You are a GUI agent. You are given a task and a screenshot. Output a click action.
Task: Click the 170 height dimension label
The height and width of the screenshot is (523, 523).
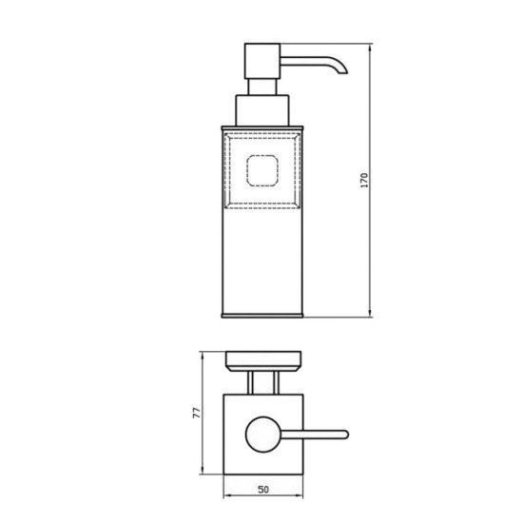(x=364, y=180)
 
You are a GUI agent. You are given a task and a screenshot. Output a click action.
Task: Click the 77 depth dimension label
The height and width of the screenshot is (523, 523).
(x=197, y=413)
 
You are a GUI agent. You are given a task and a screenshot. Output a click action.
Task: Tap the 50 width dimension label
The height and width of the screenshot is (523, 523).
(x=263, y=490)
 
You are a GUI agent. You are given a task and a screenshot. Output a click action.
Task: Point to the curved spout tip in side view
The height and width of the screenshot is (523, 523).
(x=343, y=70)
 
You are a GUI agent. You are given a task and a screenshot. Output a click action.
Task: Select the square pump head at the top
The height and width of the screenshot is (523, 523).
(x=262, y=61)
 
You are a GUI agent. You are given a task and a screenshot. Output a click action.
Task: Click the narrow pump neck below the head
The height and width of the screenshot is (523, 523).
(x=262, y=87)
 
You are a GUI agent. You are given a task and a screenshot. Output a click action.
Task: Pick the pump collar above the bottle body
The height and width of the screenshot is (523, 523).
(x=262, y=110)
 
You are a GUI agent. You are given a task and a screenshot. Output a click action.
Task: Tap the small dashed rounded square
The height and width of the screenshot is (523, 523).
(x=262, y=170)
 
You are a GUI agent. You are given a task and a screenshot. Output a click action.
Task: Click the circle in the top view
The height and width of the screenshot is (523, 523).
(x=263, y=435)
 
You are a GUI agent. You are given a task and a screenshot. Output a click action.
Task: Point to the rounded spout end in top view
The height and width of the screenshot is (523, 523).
(x=346, y=435)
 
